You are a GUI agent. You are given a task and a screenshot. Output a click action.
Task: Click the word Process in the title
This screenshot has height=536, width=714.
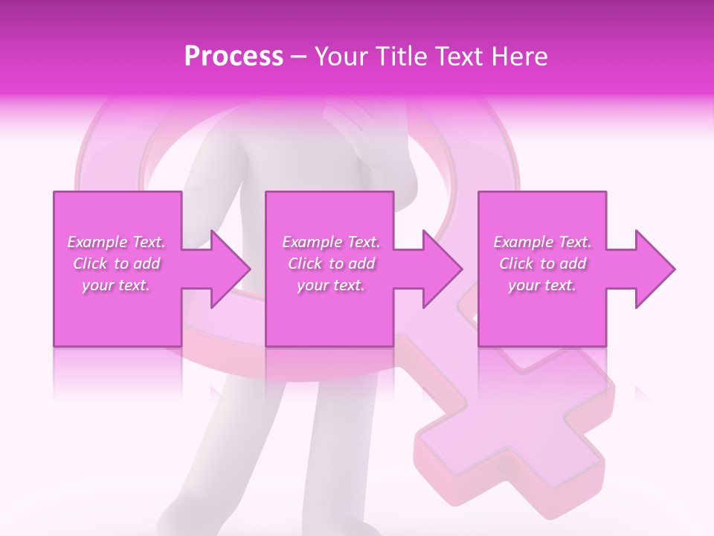click(234, 57)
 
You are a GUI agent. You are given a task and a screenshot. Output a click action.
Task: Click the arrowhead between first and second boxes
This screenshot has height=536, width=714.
click(227, 269)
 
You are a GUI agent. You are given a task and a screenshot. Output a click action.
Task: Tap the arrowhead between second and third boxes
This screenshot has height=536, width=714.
click(439, 269)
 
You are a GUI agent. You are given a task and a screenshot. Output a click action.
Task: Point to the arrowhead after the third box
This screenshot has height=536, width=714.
click(652, 269)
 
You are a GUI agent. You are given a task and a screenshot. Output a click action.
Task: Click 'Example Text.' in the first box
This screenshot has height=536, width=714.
click(117, 242)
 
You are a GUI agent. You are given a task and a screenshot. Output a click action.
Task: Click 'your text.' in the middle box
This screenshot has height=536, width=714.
click(330, 285)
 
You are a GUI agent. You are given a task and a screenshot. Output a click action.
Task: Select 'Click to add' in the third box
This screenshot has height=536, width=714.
click(543, 264)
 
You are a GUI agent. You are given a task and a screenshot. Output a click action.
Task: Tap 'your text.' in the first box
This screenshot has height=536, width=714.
click(117, 285)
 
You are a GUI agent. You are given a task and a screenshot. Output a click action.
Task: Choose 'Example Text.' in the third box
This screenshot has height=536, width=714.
click(543, 242)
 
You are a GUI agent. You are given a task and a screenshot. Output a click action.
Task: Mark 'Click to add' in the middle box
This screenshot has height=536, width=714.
click(330, 264)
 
